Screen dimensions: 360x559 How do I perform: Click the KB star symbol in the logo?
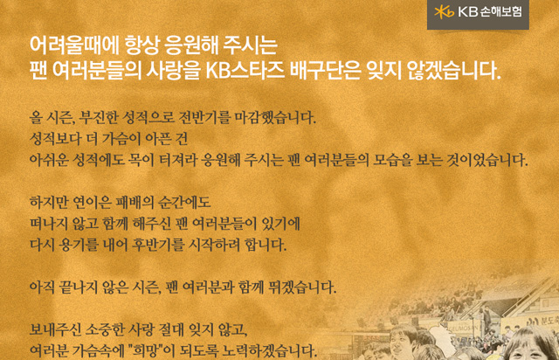(x=444, y=12)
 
